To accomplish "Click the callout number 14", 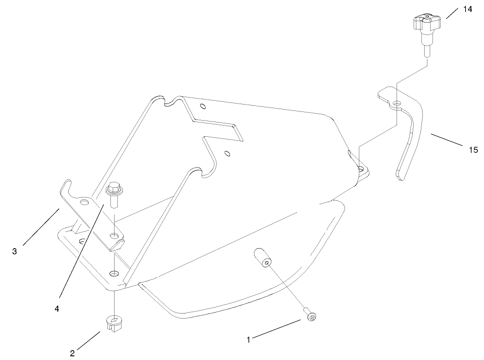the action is pyautogui.click(x=467, y=9).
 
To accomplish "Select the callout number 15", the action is pyautogui.click(x=473, y=150).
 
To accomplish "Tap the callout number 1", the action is pyautogui.click(x=248, y=340).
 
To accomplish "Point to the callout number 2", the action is pyautogui.click(x=72, y=354).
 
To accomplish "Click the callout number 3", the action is pyautogui.click(x=15, y=251).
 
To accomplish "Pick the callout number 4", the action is pyautogui.click(x=57, y=309).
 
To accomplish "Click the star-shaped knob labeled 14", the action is pyautogui.click(x=427, y=23).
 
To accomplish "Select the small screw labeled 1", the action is pyautogui.click(x=312, y=317).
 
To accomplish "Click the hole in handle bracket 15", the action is pyautogui.click(x=397, y=102).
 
